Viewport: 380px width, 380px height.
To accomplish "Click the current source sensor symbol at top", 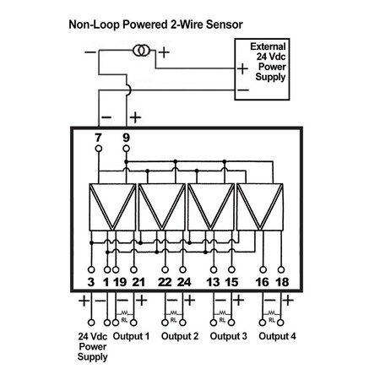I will click(x=140, y=51).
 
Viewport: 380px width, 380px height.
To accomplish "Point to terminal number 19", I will click(x=121, y=281).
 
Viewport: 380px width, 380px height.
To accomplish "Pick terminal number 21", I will click(x=139, y=281).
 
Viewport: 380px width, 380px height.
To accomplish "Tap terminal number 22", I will click(x=165, y=281).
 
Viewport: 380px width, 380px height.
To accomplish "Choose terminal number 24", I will click(x=183, y=281).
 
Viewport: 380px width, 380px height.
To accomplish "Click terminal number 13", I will click(x=213, y=281).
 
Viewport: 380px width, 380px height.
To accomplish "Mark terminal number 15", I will click(x=232, y=281).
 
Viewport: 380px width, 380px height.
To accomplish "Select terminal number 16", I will click(x=263, y=281).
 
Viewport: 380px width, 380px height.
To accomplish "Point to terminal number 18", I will click(x=281, y=281).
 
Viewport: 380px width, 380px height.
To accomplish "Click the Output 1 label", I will click(x=131, y=336).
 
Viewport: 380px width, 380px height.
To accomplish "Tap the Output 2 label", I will click(x=179, y=336).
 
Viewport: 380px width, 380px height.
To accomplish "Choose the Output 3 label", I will click(x=228, y=336).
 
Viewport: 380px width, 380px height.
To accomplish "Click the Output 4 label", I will click(x=278, y=336).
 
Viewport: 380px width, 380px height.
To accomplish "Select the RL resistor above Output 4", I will click(x=271, y=318).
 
